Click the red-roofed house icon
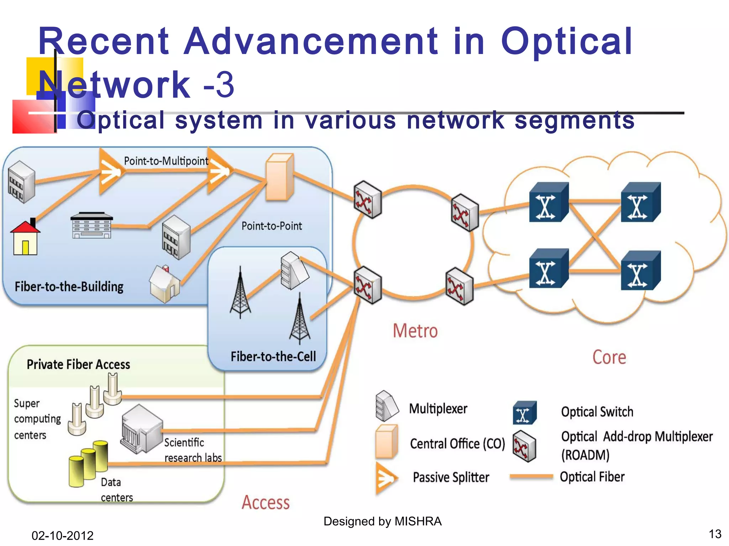coord(25,237)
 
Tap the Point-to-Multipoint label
coord(166,161)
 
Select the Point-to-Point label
coord(272,226)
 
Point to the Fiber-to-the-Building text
coord(69,287)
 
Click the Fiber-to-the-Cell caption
coord(273,357)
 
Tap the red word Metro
coord(415,331)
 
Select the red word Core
coord(609,357)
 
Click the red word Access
coord(266,503)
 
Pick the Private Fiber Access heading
coord(78,364)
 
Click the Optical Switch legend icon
coord(524,413)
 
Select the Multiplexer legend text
coord(438,409)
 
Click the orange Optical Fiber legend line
coord(531,477)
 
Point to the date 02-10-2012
coord(62,535)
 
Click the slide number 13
coord(715,534)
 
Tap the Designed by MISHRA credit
coord(382,521)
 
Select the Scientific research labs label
coord(193,450)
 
